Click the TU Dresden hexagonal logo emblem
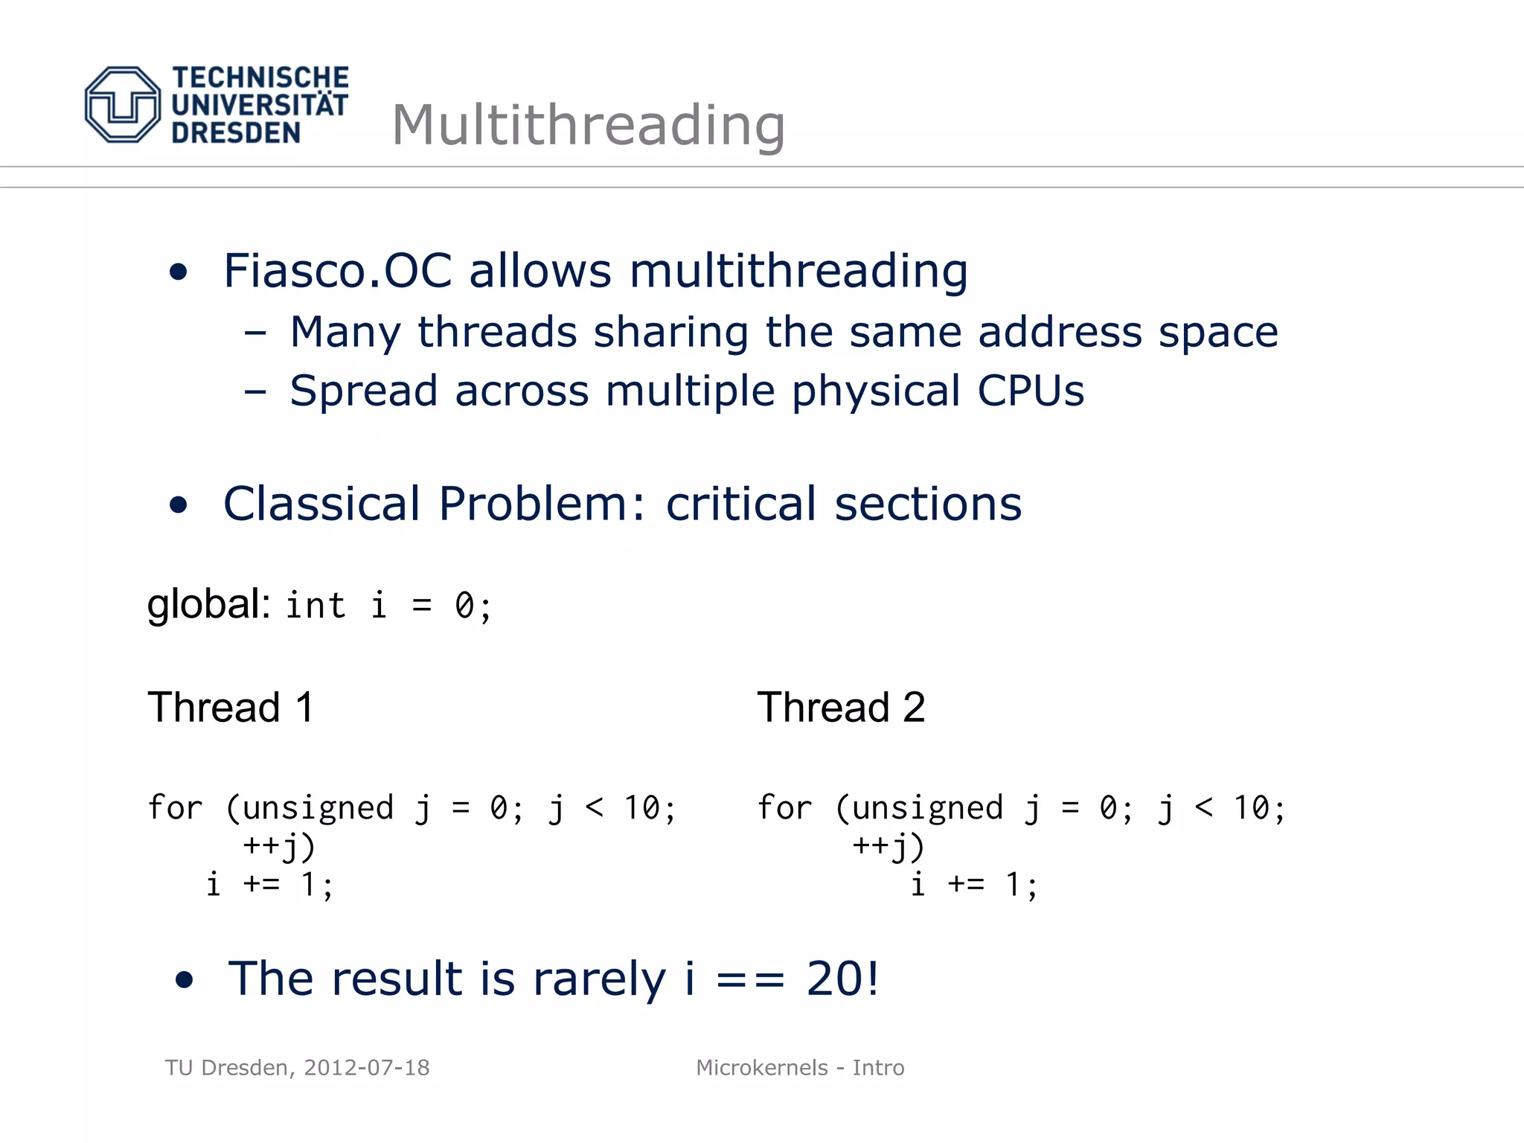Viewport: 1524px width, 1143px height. point(122,104)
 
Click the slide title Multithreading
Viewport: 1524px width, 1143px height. point(588,125)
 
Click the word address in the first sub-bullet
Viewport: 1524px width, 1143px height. point(1060,332)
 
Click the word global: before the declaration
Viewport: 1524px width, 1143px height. point(208,604)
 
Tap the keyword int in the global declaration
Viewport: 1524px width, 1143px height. point(316,606)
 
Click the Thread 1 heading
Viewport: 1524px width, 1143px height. point(231,707)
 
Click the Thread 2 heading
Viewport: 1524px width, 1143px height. point(841,707)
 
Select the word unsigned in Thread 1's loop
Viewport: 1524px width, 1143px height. point(318,808)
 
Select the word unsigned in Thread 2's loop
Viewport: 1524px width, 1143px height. point(927,808)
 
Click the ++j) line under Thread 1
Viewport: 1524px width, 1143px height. point(279,847)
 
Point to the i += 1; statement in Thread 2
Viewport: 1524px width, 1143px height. point(973,885)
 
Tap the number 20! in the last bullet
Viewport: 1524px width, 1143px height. point(842,979)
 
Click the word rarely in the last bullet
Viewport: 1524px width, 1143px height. point(599,979)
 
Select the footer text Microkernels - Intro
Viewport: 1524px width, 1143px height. point(800,1068)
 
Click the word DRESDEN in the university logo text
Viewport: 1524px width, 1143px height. point(236,133)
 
